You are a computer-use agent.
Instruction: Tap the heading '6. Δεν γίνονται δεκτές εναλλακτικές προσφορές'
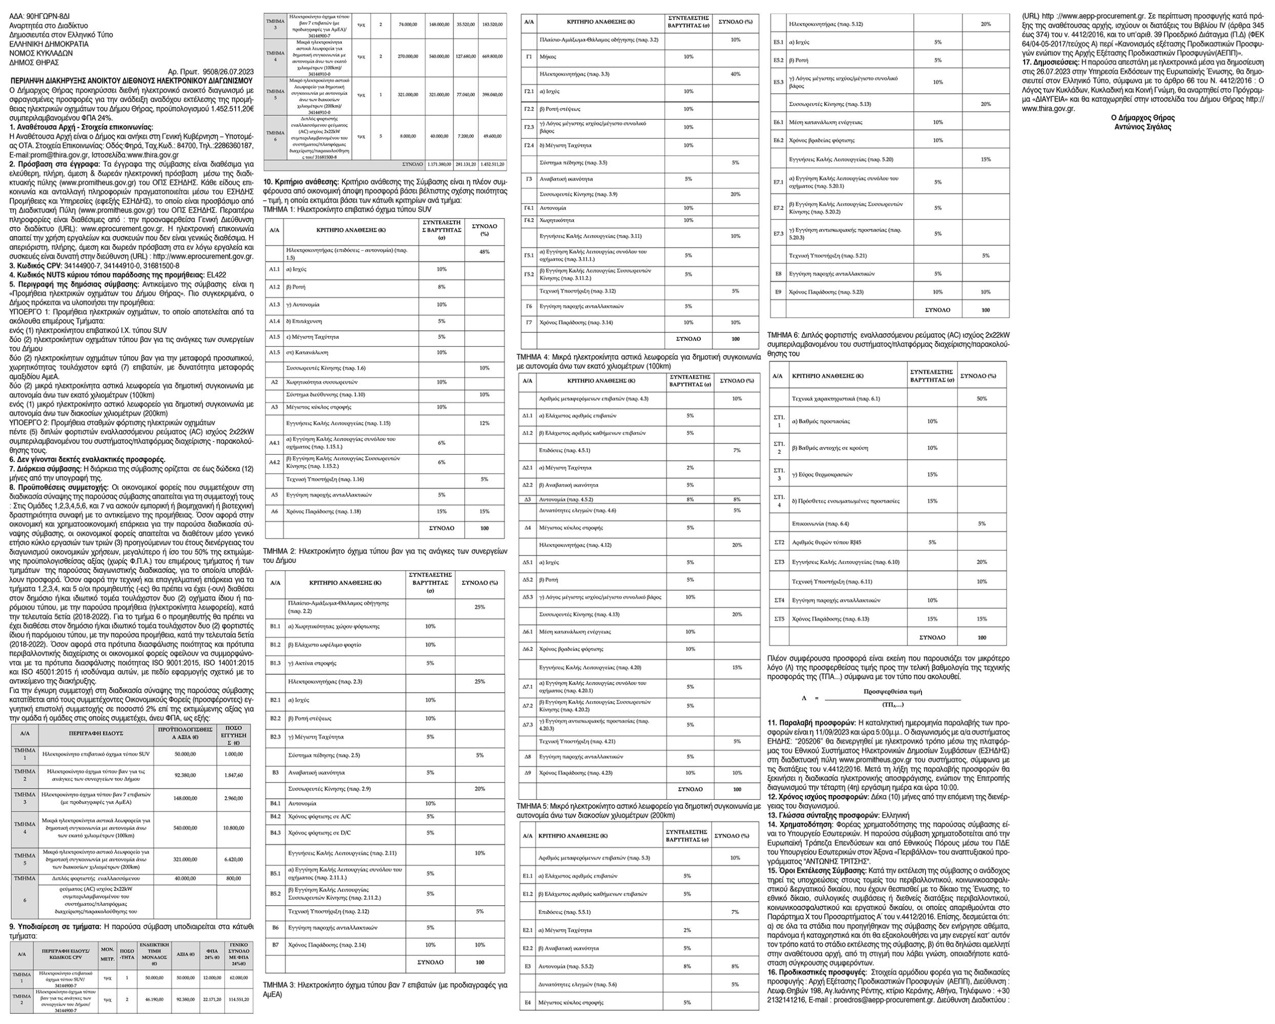pos(88,459)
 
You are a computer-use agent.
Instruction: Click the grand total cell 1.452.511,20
pos(492,163)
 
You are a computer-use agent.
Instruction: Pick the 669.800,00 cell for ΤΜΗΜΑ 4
pos(492,56)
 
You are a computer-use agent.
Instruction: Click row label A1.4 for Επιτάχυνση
pos(275,321)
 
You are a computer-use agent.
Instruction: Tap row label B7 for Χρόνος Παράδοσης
pos(275,944)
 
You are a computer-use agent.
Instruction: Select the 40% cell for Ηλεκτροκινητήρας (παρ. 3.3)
pos(736,74)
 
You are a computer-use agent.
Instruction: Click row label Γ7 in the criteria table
pos(529,322)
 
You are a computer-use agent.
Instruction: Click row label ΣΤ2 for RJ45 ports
pos(780,542)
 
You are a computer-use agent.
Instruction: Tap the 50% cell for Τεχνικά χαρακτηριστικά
pos(981,398)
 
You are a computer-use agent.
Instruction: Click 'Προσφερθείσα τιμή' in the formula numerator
pos(892,691)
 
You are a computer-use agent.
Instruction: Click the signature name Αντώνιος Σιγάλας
pos(1142,126)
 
